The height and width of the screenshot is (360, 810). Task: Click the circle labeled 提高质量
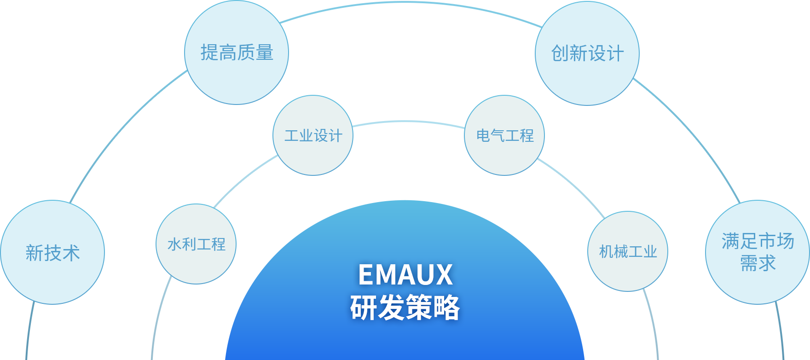pos(237,52)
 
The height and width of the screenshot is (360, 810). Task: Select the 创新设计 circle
pos(587,53)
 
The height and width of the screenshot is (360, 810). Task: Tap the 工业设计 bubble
pos(313,135)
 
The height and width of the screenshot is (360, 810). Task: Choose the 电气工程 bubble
pos(504,135)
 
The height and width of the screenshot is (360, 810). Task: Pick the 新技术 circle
pos(52,252)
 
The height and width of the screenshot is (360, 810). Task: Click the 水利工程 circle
pos(196,244)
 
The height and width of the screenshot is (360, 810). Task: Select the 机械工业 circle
pos(628,251)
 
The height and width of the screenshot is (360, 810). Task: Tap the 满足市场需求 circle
pos(758,252)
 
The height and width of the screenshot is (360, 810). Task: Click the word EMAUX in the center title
pos(405,275)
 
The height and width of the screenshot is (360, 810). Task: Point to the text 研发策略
pos(405,308)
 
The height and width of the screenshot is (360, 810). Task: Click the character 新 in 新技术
pos(35,253)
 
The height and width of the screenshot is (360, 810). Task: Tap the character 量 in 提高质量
pos(265,53)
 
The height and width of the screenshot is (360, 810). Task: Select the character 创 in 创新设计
pos(560,53)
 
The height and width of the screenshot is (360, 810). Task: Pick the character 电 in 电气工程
pos(483,136)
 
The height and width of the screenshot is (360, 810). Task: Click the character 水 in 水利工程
pos(175,244)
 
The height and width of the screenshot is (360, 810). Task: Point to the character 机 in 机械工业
pos(606,252)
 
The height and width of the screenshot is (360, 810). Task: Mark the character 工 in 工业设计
pos(292,136)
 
